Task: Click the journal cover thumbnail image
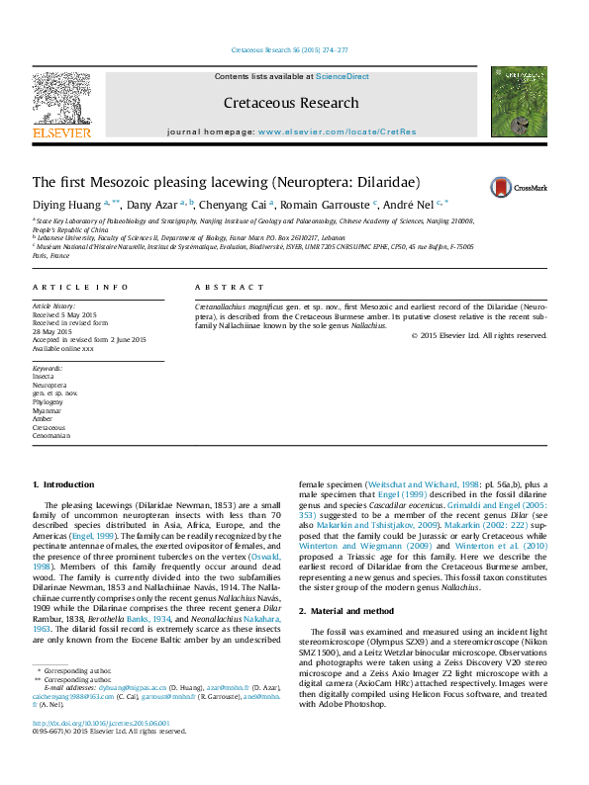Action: [520, 102]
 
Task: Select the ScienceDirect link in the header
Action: [343, 76]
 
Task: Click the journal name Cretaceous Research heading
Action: [291, 103]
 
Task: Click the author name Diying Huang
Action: [66, 205]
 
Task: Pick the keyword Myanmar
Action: [48, 411]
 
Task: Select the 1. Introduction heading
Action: [64, 484]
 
